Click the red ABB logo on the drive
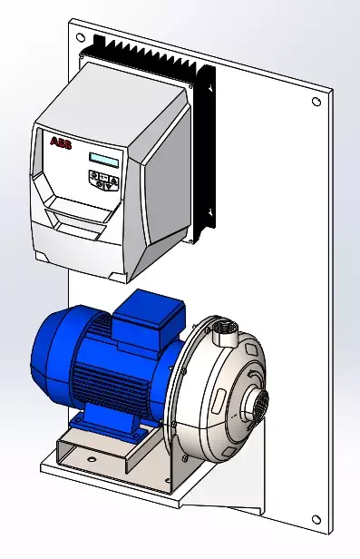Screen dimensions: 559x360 point(60,142)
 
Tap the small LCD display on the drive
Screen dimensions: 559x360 point(105,161)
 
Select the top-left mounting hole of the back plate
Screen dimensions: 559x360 point(81,39)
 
